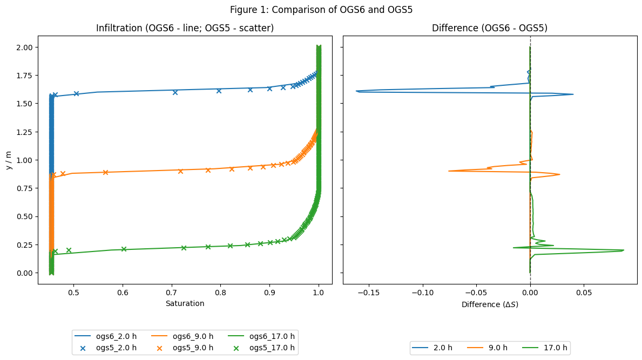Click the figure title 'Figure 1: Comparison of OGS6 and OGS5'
pos(321,10)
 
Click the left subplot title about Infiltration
pos(185,28)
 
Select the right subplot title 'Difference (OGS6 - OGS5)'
pos(490,28)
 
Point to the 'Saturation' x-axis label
pos(185,303)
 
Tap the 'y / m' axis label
pos(8,160)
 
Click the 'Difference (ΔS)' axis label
pos(490,304)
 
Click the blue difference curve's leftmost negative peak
pos(357,91)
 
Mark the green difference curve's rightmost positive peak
pos(624,250)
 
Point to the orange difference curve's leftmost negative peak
pos(449,171)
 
